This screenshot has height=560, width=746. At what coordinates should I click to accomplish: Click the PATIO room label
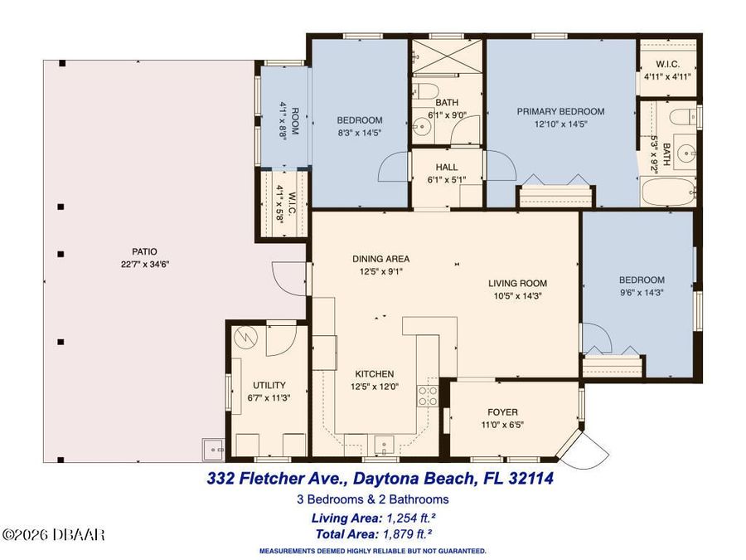click(143, 251)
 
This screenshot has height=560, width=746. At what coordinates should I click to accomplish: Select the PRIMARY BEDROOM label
click(560, 111)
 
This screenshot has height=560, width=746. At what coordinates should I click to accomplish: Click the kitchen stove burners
click(427, 396)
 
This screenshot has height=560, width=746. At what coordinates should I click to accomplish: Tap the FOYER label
click(502, 412)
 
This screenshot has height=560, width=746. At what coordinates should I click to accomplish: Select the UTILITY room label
click(269, 385)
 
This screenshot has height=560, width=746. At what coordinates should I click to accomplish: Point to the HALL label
click(447, 167)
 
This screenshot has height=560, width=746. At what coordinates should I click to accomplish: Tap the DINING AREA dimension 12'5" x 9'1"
click(380, 270)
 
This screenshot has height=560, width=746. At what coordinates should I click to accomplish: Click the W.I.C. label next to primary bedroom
click(668, 64)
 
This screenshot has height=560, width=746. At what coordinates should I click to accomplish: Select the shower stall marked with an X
click(447, 56)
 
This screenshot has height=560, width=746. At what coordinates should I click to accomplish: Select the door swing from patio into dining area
click(286, 278)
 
